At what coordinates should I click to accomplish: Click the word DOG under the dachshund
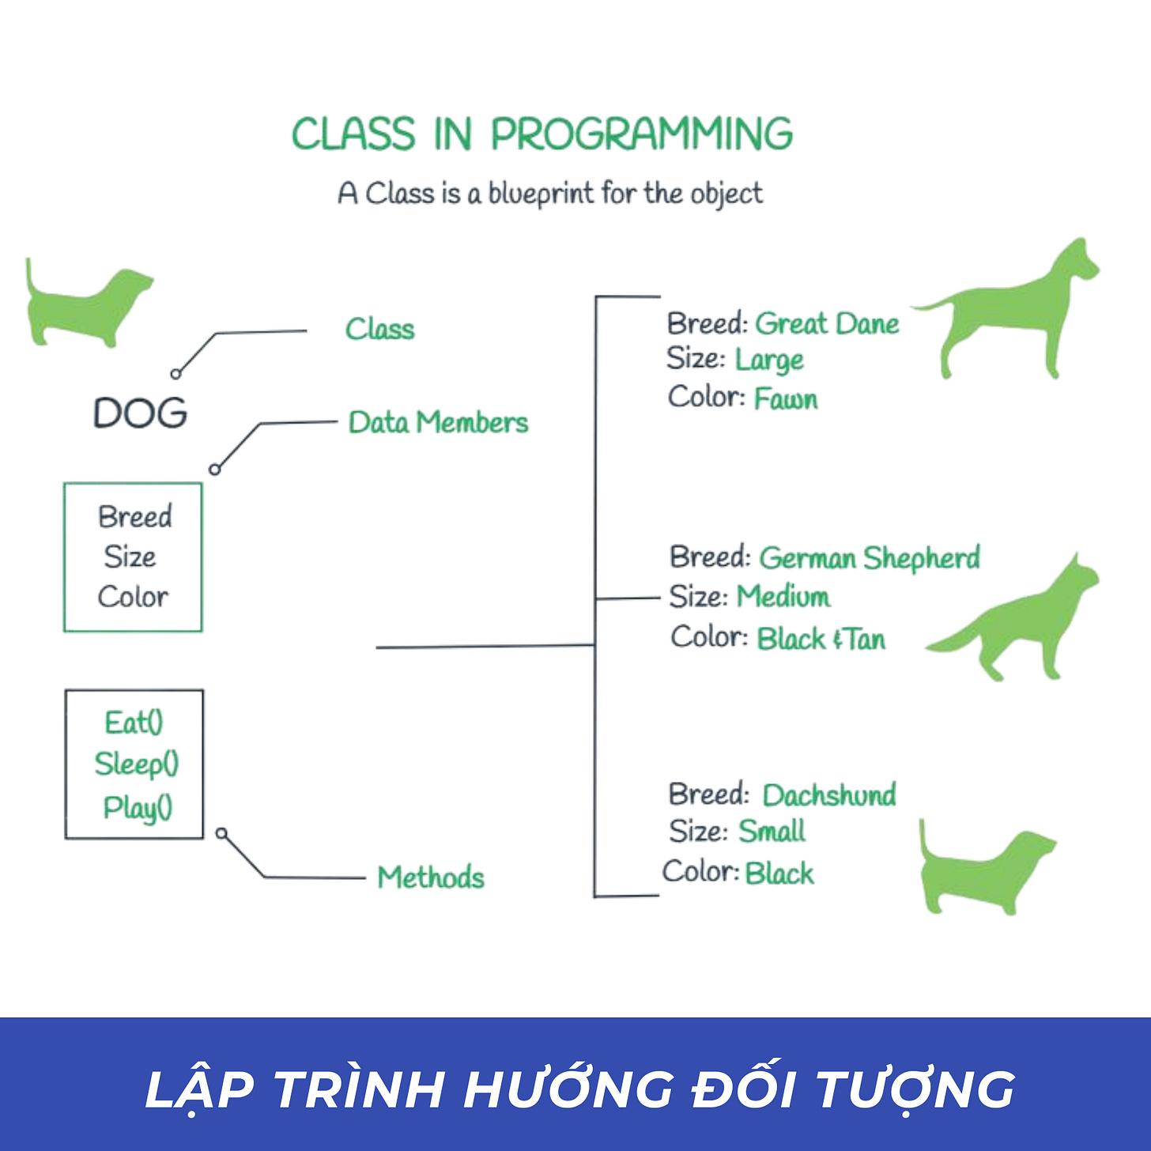tap(141, 413)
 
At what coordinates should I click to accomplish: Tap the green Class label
tap(379, 329)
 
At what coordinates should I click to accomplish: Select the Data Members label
tap(438, 422)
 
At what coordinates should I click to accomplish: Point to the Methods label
tap(431, 877)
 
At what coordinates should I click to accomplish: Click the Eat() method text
tap(134, 723)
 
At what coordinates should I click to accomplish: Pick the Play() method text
tap(138, 807)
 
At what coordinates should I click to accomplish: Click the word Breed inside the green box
tap(134, 517)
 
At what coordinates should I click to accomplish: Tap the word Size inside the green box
tap(130, 557)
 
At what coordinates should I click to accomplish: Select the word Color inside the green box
tap(133, 597)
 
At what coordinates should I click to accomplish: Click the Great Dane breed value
tap(827, 324)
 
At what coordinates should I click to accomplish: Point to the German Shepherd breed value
tap(870, 558)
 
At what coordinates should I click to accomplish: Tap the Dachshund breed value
tap(829, 794)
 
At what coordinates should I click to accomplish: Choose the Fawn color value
tap(786, 398)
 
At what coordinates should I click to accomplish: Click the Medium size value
tap(783, 596)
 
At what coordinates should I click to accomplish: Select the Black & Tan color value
tap(821, 639)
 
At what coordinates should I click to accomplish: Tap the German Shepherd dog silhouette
tap(1020, 625)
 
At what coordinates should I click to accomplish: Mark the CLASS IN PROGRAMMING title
tap(542, 134)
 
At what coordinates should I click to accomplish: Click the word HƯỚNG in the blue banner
tap(568, 1089)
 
